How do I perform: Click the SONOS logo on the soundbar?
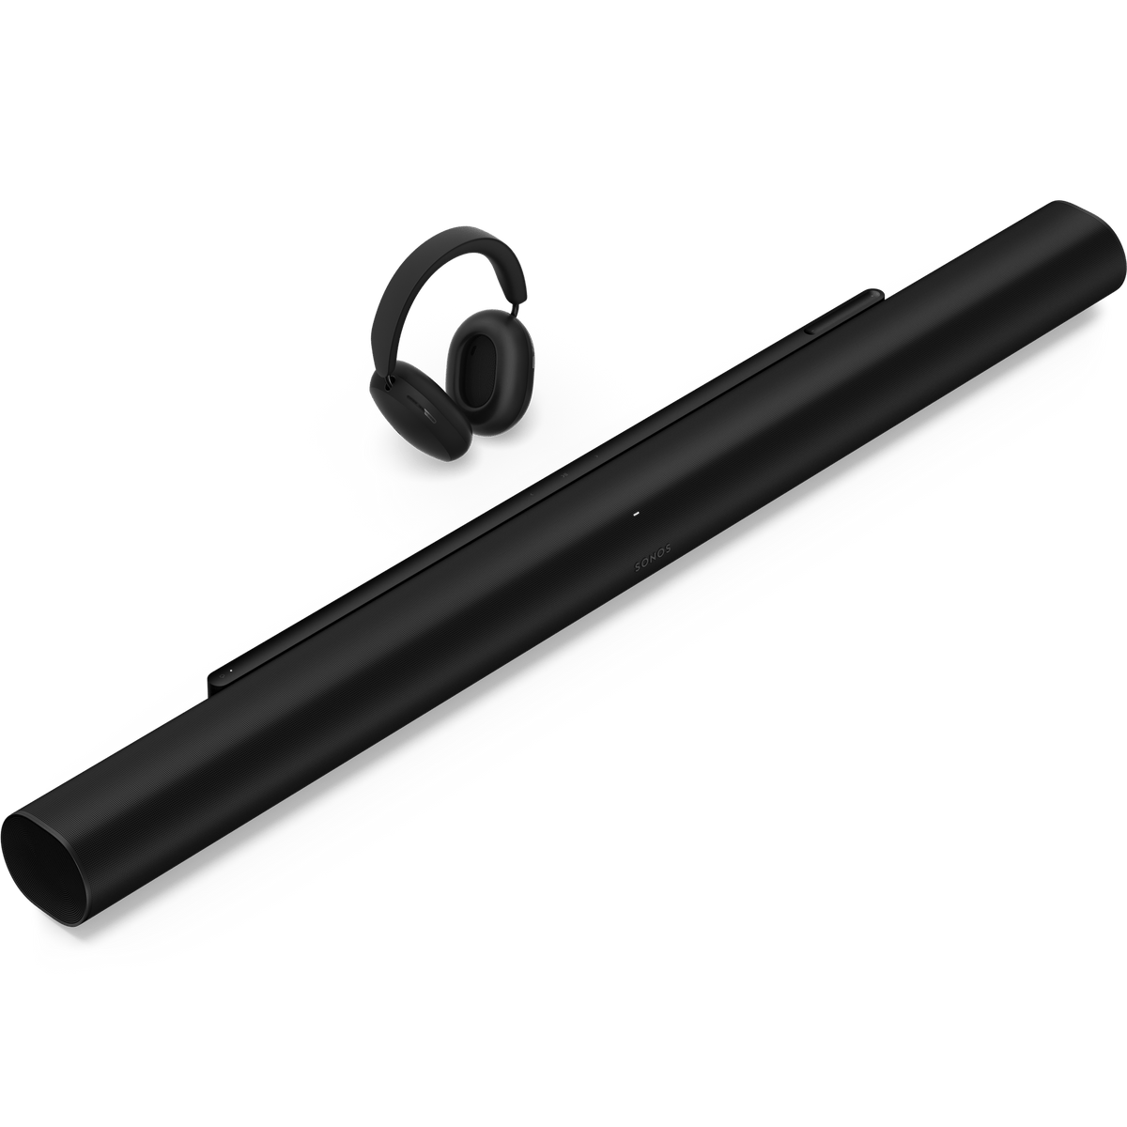(x=653, y=556)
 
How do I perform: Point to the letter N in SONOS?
(x=653, y=556)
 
